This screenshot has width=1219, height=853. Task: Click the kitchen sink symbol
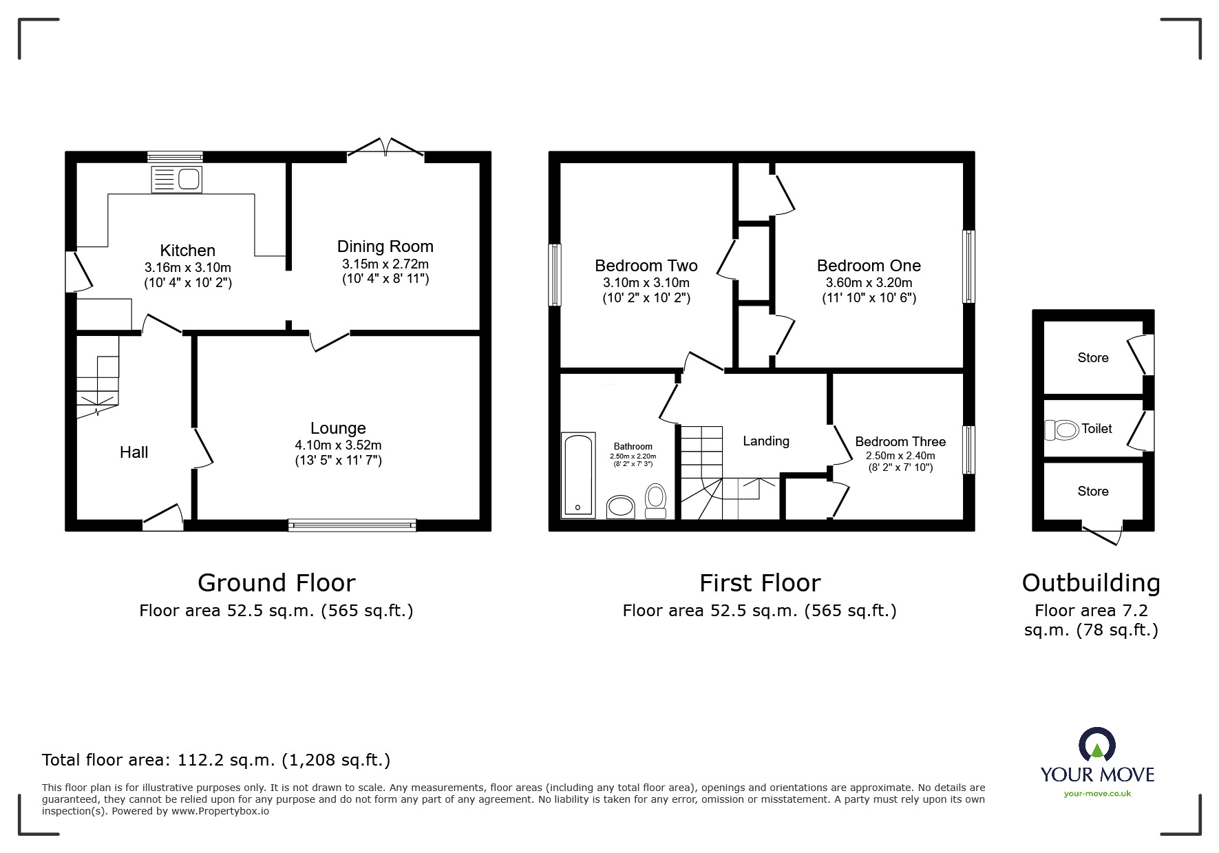[x=177, y=180]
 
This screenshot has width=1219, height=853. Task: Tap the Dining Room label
[x=385, y=246]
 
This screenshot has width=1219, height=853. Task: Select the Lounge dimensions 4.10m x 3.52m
[x=338, y=445]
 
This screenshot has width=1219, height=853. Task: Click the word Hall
[x=134, y=452]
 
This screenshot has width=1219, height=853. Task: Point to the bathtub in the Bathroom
[x=577, y=475]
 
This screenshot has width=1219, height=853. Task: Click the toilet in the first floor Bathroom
[x=655, y=500]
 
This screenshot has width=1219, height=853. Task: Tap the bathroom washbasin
[x=621, y=507]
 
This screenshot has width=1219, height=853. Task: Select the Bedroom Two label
[x=646, y=266]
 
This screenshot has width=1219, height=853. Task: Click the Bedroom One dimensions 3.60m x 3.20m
[x=869, y=283]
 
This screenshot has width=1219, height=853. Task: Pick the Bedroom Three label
[x=900, y=441]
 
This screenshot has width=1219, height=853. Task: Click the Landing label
[x=765, y=441]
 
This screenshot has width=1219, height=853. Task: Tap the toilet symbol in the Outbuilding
[x=1061, y=430]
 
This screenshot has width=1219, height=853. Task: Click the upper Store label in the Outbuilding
[x=1092, y=357]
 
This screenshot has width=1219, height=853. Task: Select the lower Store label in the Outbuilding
[x=1092, y=491]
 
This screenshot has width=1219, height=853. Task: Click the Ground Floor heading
[x=276, y=583]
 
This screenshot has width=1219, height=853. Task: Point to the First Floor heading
[x=760, y=583]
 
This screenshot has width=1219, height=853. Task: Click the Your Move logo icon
[x=1096, y=746]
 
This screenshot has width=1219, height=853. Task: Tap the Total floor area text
[x=216, y=760]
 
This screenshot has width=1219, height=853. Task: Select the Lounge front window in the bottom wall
[x=352, y=525]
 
